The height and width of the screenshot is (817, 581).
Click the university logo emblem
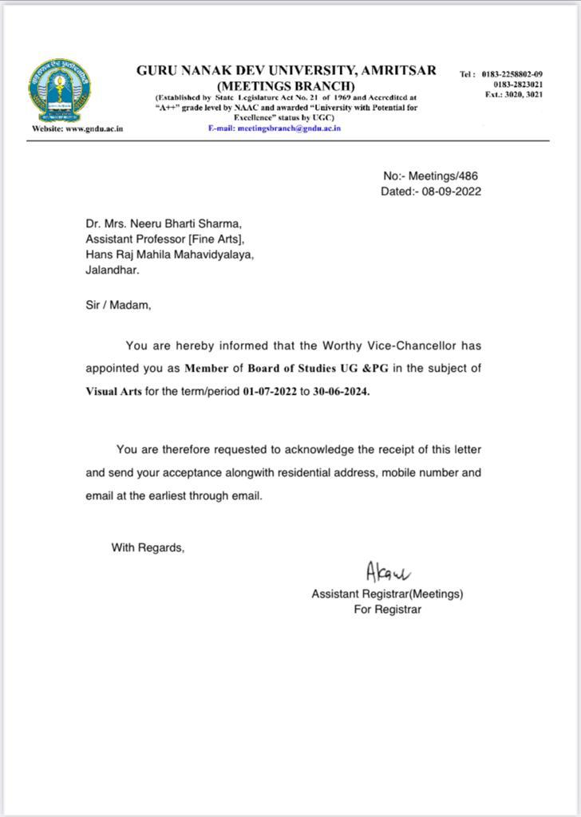pyautogui.click(x=59, y=90)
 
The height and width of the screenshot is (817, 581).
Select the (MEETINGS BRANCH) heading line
pyautogui.click(x=286, y=85)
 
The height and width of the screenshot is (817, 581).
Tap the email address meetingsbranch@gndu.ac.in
pyautogui.click(x=274, y=128)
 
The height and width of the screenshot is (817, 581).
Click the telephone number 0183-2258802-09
pyautogui.click(x=512, y=74)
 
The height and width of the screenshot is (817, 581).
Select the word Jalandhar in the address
pyautogui.click(x=113, y=270)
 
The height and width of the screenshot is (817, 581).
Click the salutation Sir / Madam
pyautogui.click(x=117, y=304)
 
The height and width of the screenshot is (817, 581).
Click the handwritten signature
pyautogui.click(x=387, y=572)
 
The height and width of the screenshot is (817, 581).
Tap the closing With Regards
pyautogui.click(x=148, y=547)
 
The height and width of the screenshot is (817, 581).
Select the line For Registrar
pyautogui.click(x=387, y=610)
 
